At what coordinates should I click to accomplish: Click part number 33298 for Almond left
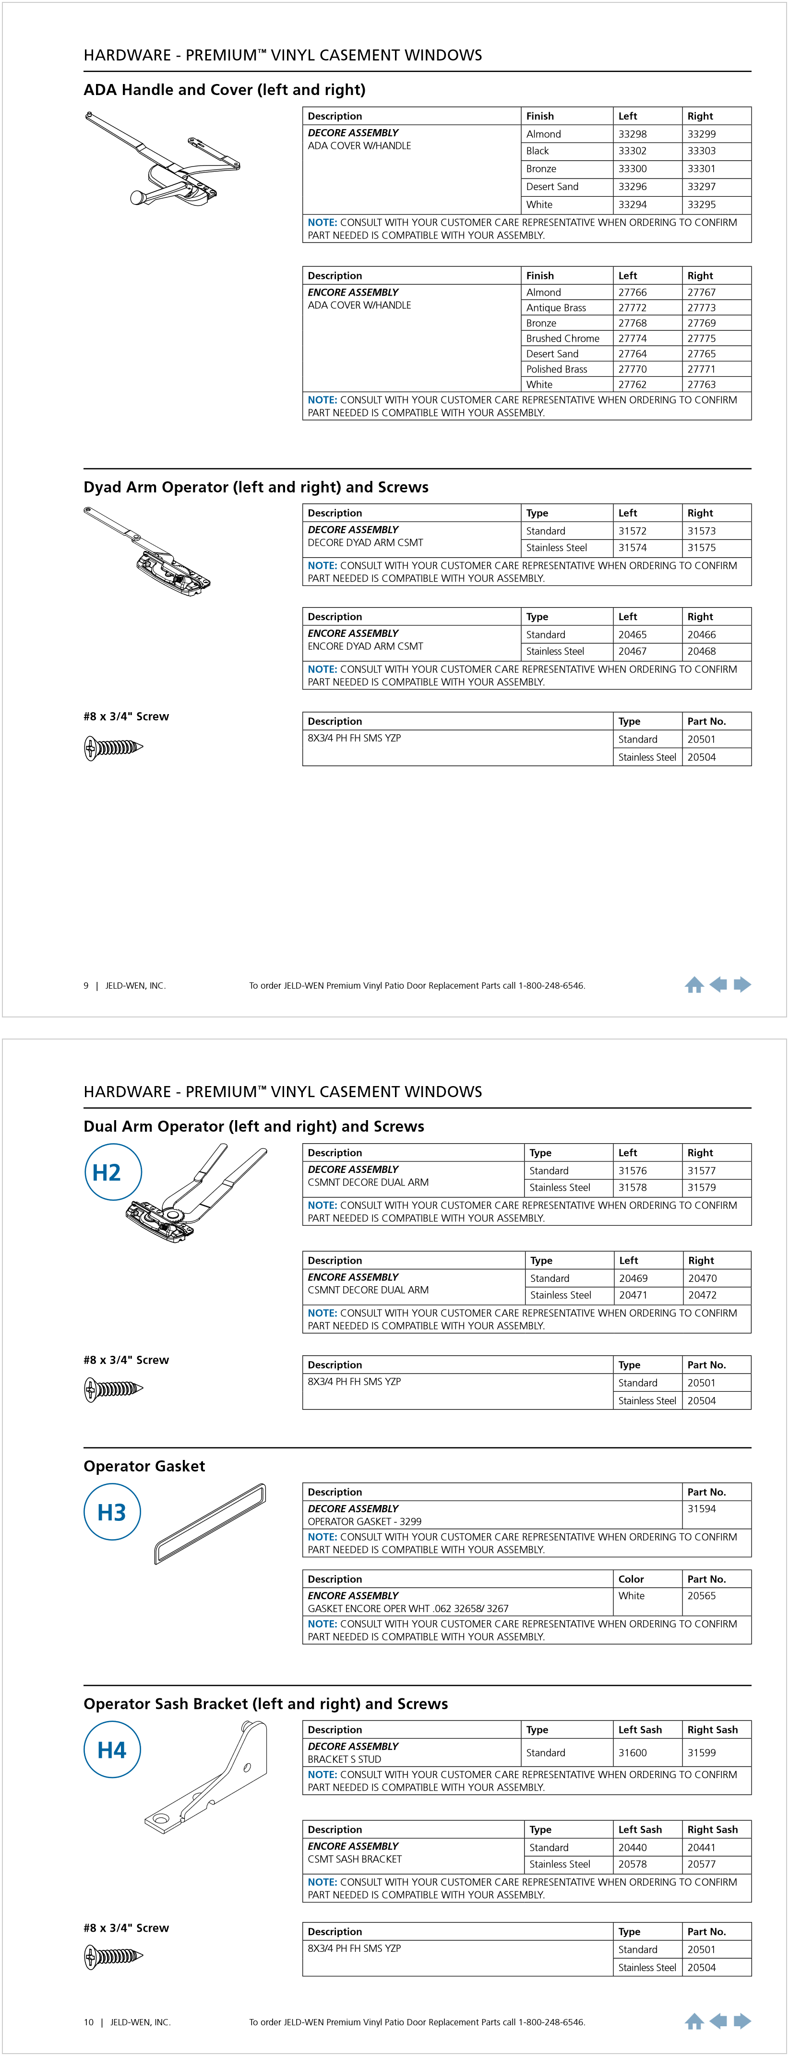click(632, 134)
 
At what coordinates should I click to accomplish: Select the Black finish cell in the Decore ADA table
click(537, 151)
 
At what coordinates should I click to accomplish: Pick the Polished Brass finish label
click(556, 370)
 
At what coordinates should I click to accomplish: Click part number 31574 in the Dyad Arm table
click(632, 548)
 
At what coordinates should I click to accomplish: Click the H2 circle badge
click(112, 1172)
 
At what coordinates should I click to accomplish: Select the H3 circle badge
click(112, 1512)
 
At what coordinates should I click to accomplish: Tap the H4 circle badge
click(112, 1750)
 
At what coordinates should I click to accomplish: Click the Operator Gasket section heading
click(144, 1466)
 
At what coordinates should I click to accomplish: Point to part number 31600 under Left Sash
click(632, 1753)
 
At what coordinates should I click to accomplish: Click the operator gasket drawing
click(210, 1524)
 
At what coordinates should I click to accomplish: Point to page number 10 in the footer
click(89, 2022)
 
